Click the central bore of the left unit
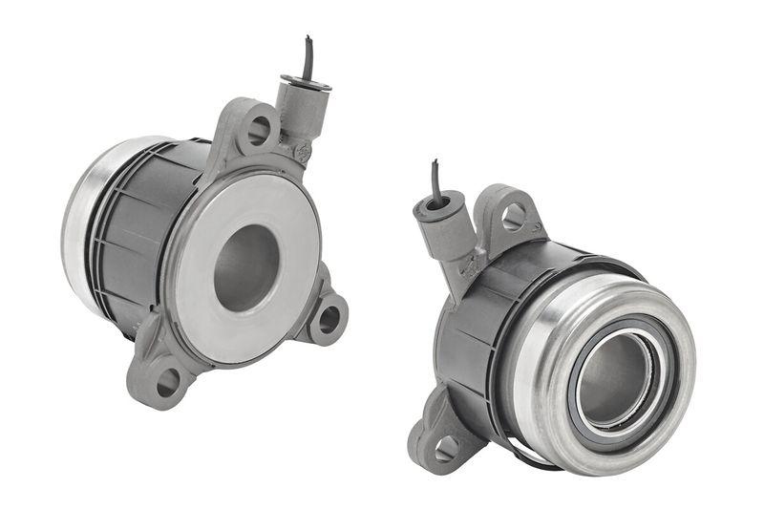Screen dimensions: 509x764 (x=245, y=267)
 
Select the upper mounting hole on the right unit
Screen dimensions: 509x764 (x=513, y=216)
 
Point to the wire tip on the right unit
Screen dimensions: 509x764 (x=435, y=167)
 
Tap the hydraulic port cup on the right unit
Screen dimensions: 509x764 (x=440, y=205)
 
